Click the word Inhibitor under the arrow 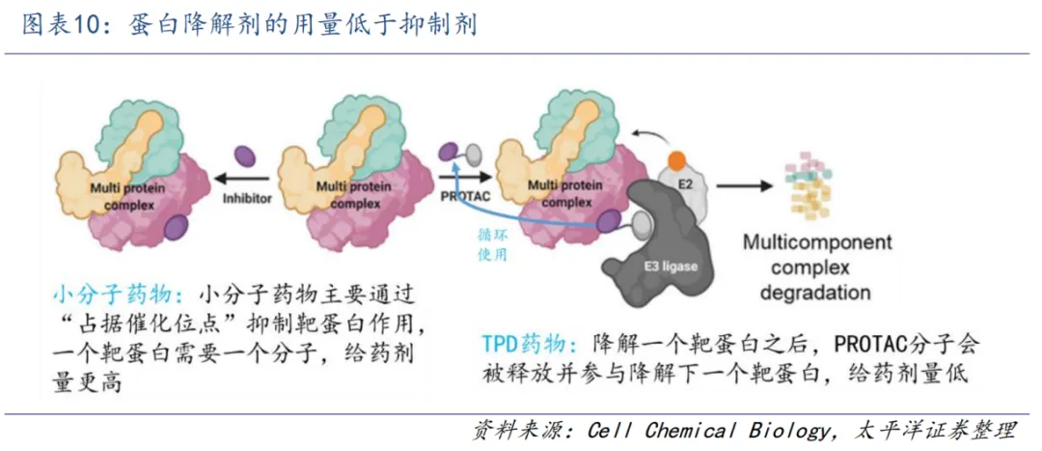[246, 199]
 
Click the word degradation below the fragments [815, 292]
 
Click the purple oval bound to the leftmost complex [176, 228]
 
